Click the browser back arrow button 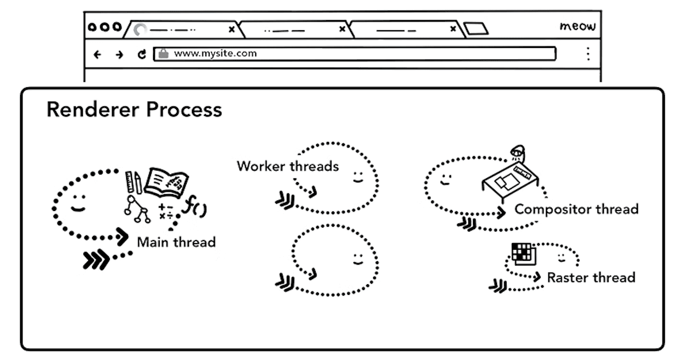(x=98, y=55)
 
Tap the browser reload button (x=142, y=55)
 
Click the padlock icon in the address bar (x=164, y=54)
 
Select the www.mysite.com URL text (x=215, y=54)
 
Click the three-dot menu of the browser (x=588, y=54)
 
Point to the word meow (x=578, y=26)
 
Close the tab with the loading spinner (x=232, y=30)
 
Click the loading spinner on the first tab (x=140, y=30)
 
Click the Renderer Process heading (x=134, y=110)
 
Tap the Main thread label (x=176, y=242)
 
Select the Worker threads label (x=288, y=166)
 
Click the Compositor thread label (x=576, y=209)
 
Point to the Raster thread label (x=591, y=278)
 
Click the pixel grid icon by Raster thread (x=523, y=253)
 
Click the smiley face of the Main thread (x=77, y=203)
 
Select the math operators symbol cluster (x=167, y=211)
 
